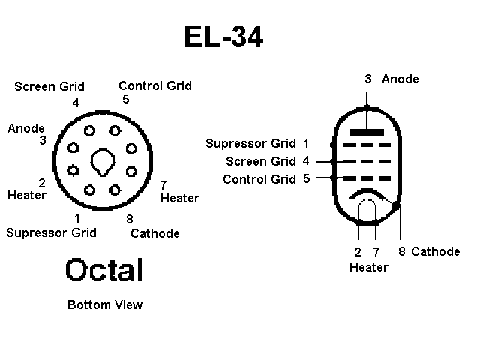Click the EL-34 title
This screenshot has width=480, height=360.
[223, 37]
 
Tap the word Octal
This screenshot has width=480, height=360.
[104, 269]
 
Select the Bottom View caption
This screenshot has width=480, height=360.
[105, 305]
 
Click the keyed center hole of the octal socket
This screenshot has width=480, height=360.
[103, 162]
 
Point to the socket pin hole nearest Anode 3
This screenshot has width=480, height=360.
[73, 148]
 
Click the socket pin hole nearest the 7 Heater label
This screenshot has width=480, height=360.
[131, 171]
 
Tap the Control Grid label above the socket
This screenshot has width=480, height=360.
[155, 86]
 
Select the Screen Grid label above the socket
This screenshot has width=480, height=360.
[49, 86]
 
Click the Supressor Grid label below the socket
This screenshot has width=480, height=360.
[52, 233]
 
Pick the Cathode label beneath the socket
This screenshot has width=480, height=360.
[155, 233]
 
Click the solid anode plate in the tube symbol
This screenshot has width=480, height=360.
[367, 133]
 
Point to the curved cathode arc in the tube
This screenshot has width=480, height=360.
[367, 192]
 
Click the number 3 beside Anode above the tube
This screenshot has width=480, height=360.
[368, 79]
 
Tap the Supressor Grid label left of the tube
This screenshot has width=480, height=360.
[251, 143]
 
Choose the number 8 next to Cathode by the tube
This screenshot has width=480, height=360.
[402, 251]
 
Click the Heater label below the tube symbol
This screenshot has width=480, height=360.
[369, 267]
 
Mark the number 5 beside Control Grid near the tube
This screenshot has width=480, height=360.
[307, 178]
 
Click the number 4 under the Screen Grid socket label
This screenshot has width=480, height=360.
[76, 102]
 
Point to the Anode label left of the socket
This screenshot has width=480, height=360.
[26, 128]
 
